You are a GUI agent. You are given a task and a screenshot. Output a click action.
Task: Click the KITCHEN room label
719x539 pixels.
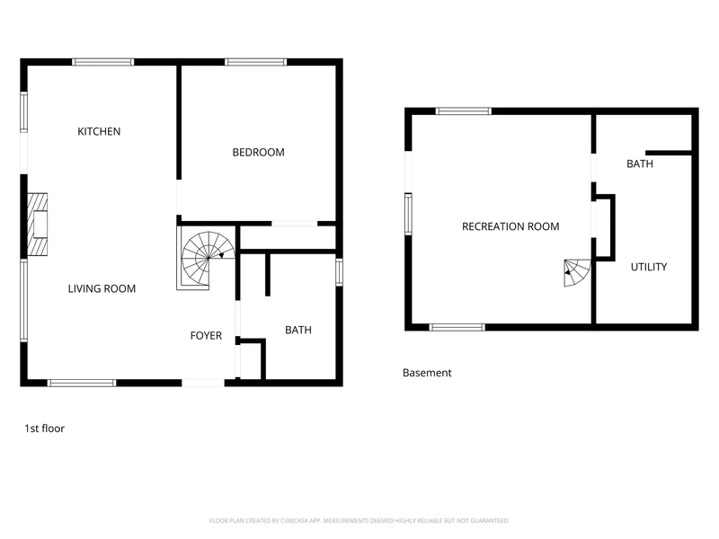tap(99, 131)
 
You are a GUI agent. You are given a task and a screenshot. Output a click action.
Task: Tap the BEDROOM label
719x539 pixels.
tap(258, 152)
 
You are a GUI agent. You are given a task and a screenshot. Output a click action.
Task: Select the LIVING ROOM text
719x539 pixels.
tap(102, 288)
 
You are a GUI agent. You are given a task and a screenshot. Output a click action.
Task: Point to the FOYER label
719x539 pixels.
tap(206, 335)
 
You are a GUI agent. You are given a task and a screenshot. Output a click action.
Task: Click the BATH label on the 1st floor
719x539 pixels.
tap(298, 330)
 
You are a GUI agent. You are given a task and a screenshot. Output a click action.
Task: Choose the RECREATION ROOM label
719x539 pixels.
tap(510, 226)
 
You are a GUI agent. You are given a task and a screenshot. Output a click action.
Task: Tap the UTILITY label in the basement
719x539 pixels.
tap(649, 267)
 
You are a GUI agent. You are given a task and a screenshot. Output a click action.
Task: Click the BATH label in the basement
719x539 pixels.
tap(640, 163)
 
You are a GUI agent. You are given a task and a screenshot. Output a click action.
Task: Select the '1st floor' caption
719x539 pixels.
tap(44, 429)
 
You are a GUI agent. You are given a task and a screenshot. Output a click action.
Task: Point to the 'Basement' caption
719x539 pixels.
tap(427, 373)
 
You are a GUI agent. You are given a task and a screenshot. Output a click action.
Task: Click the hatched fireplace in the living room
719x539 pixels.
tap(37, 224)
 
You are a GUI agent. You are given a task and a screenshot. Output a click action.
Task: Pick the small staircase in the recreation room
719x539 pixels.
tap(577, 273)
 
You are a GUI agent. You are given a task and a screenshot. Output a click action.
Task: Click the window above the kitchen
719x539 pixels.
tap(103, 62)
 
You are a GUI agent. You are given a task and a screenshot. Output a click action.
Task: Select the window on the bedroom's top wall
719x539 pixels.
tap(256, 62)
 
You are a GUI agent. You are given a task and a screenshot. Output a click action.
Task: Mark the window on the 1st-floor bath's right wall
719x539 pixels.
tap(340, 272)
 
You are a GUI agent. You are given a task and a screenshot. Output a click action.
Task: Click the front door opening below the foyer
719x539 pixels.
tap(203, 383)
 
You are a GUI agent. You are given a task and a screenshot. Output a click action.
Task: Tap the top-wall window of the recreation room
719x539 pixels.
tap(463, 110)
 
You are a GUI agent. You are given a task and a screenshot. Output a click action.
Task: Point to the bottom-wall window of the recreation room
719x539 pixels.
tap(457, 327)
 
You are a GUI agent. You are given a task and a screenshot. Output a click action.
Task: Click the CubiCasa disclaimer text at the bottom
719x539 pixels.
tap(359, 521)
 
